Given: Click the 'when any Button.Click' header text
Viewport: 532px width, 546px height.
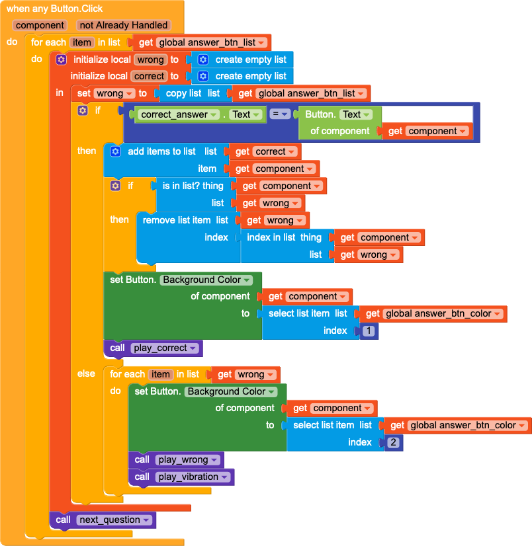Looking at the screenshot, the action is click(54, 9).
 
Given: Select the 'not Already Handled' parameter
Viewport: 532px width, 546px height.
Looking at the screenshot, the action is click(124, 25).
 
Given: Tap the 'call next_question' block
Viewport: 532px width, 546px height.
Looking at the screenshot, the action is click(103, 520).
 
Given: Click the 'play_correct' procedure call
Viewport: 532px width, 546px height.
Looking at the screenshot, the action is click(153, 348).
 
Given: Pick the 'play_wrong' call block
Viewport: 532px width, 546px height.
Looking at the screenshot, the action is click(176, 459).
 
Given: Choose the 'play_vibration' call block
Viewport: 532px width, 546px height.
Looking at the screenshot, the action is click(181, 477).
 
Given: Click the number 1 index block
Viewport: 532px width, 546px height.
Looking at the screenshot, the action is click(369, 331).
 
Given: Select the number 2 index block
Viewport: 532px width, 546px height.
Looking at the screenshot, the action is click(393, 442).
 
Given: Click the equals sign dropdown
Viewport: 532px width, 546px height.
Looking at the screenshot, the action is click(280, 114).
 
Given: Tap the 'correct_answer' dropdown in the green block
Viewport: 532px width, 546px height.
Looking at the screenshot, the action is click(179, 114).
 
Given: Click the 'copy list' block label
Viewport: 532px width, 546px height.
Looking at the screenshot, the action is click(183, 93).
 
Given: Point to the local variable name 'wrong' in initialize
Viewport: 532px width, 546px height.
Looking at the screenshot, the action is click(150, 59).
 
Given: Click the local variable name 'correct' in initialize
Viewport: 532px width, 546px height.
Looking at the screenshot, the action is click(149, 76).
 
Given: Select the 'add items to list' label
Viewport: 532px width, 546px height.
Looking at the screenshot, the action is click(161, 151).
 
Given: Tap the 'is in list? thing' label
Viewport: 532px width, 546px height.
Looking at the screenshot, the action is click(193, 186).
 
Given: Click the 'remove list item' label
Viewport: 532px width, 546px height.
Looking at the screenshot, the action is click(177, 220).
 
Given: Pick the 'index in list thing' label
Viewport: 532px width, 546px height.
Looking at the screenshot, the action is click(284, 237).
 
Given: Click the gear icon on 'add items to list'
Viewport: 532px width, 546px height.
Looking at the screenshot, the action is click(115, 151).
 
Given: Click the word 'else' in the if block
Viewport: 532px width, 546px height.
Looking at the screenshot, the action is click(86, 373).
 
